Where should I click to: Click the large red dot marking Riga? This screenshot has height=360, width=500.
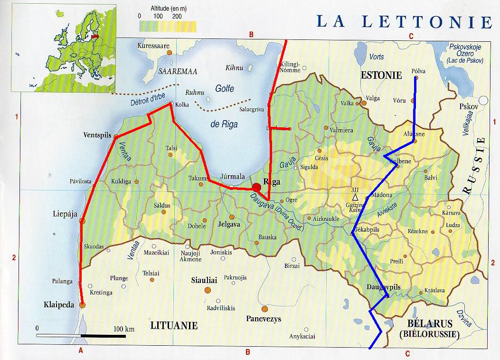(257, 187)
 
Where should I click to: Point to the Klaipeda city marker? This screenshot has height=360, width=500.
(83, 305)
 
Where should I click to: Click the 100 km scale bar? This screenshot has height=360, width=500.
(81, 335)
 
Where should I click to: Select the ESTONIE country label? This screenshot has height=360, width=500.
(381, 75)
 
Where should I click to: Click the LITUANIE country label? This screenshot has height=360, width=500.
(174, 325)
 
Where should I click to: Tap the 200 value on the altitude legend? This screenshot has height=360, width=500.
(177, 16)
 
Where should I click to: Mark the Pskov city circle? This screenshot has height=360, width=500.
(483, 101)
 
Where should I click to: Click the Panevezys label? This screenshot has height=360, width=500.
(264, 319)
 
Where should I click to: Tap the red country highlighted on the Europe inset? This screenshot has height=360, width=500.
(95, 35)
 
